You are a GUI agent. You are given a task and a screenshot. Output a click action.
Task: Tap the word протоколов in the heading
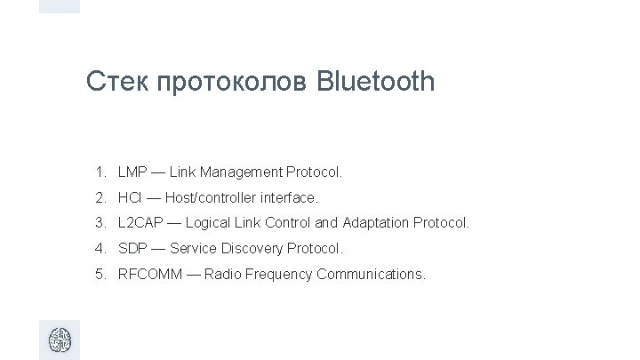click(x=232, y=84)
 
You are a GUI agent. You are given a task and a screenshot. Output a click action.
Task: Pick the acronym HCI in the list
click(x=130, y=196)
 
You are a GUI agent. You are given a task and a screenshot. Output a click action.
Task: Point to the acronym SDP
click(x=132, y=248)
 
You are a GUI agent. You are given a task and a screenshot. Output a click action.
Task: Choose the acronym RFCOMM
click(x=150, y=274)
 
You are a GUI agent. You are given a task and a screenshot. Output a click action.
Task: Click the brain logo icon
click(x=60, y=340)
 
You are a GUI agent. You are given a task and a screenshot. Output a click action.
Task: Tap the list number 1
click(x=102, y=171)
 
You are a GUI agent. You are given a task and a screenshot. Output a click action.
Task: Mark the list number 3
click(x=102, y=222)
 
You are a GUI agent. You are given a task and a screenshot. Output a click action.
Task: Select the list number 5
click(x=102, y=274)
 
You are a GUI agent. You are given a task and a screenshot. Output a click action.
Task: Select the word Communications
click(x=377, y=274)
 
